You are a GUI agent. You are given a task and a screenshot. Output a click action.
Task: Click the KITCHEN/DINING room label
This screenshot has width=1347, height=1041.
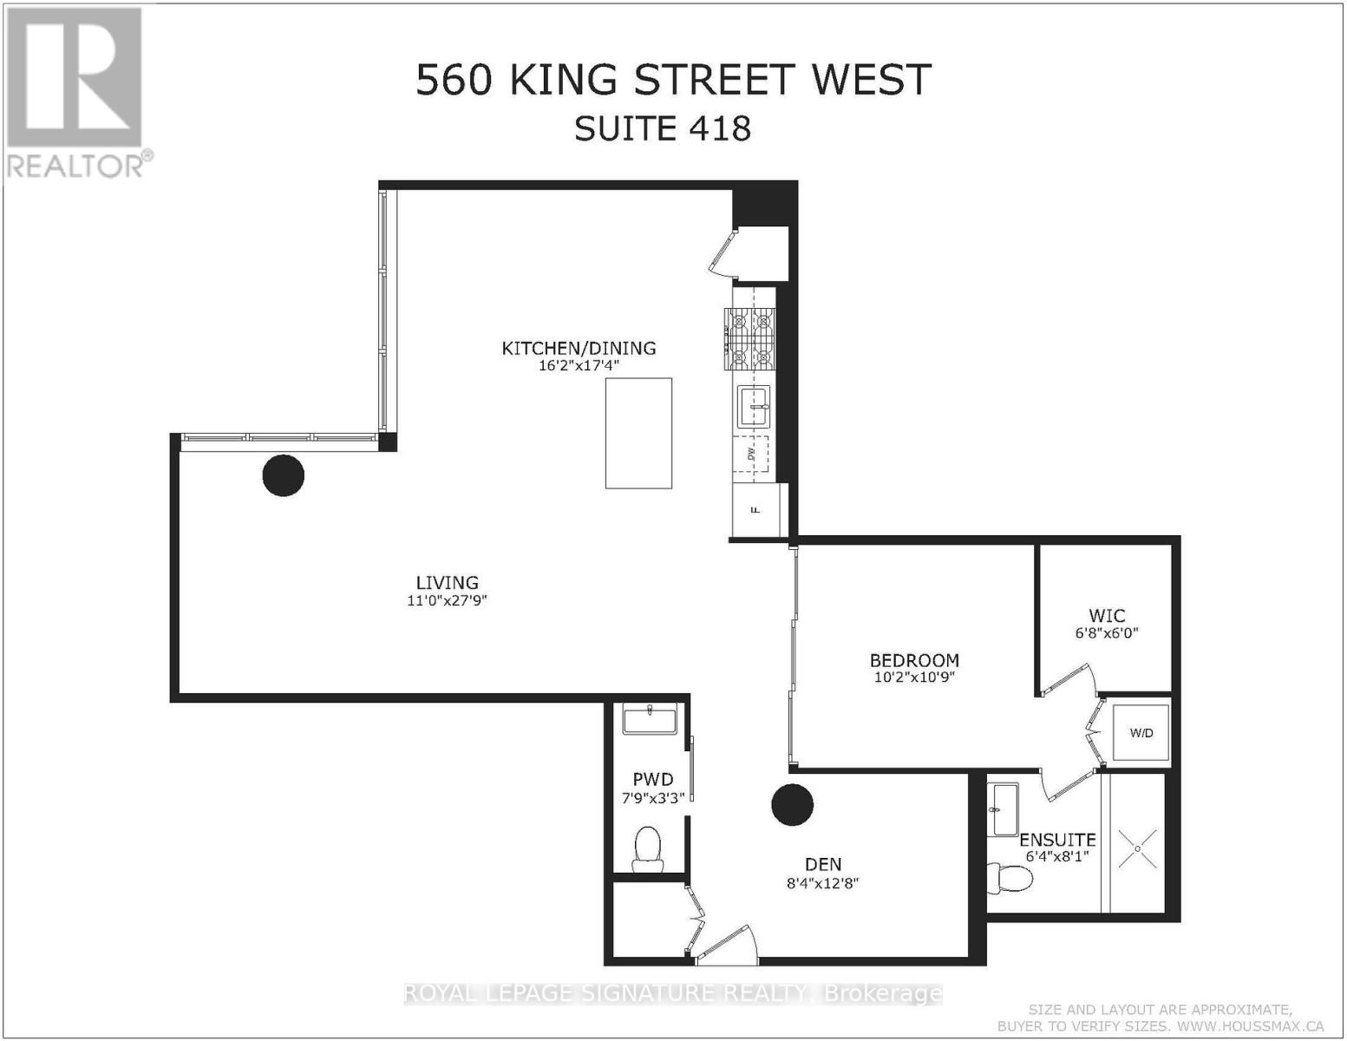pyautogui.click(x=579, y=348)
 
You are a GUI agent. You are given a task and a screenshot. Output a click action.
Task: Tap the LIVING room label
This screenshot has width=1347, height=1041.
pyautogui.click(x=447, y=583)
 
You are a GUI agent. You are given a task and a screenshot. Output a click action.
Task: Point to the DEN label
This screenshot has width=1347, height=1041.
pyautogui.click(x=823, y=864)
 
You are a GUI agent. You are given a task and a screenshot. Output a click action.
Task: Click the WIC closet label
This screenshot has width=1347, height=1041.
pyautogui.click(x=1107, y=616)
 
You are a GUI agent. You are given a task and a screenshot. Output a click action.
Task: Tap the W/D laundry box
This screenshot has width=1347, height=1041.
pyautogui.click(x=1141, y=733)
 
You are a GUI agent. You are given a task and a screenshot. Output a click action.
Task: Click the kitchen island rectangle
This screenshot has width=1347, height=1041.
pyautogui.click(x=638, y=434)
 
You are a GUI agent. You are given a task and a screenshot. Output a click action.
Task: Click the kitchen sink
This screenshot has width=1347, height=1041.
pyautogui.click(x=754, y=407)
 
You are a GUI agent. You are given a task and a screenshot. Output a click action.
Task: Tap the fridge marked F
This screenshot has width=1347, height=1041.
pyautogui.click(x=755, y=509)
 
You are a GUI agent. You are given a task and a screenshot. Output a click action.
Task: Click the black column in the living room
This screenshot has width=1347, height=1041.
pyautogui.click(x=284, y=475)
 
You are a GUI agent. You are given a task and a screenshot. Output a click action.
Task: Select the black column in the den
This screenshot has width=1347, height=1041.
pyautogui.click(x=792, y=804)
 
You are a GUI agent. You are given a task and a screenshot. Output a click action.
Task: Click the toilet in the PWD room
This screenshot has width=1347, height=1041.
pyautogui.click(x=647, y=848)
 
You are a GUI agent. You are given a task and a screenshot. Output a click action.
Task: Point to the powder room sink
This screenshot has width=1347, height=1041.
pyautogui.click(x=648, y=720)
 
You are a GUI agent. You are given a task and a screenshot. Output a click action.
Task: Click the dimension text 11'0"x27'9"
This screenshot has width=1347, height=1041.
pyautogui.click(x=447, y=600)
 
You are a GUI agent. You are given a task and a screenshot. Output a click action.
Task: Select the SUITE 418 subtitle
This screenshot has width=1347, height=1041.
pyautogui.click(x=663, y=128)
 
